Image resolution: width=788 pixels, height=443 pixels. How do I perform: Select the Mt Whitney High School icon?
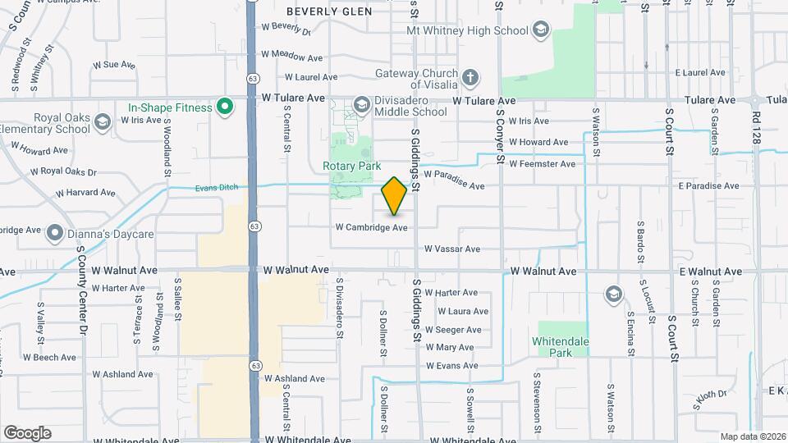click(540, 31)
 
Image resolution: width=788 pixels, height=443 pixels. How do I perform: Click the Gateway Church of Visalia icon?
click(470, 79)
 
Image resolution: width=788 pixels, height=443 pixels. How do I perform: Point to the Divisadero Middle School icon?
click(360, 104)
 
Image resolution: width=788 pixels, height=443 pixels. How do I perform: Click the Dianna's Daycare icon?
click(54, 234)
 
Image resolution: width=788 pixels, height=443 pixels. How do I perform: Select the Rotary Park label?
click(351, 166)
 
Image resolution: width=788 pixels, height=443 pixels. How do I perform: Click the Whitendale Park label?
click(562, 347)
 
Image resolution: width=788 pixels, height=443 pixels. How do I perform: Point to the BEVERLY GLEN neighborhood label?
click(329, 11)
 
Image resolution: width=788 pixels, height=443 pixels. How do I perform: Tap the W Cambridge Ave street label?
click(370, 227)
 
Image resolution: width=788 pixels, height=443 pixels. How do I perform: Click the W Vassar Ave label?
click(451, 249)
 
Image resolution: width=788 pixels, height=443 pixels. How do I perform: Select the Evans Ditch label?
click(217, 188)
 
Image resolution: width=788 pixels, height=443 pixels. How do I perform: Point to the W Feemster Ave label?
click(542, 164)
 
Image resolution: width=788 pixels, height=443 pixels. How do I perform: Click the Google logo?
click(27, 432)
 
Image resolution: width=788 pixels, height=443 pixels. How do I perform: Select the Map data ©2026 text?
click(753, 436)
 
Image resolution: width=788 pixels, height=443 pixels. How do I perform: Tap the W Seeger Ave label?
click(458, 330)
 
